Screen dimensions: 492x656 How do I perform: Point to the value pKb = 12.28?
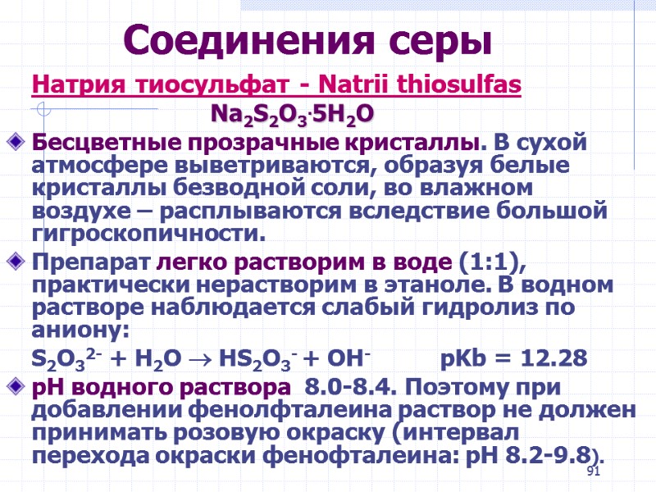point(514,359)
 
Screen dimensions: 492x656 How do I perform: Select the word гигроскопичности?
point(148,236)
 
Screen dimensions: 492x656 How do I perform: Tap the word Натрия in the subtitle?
point(67,84)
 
